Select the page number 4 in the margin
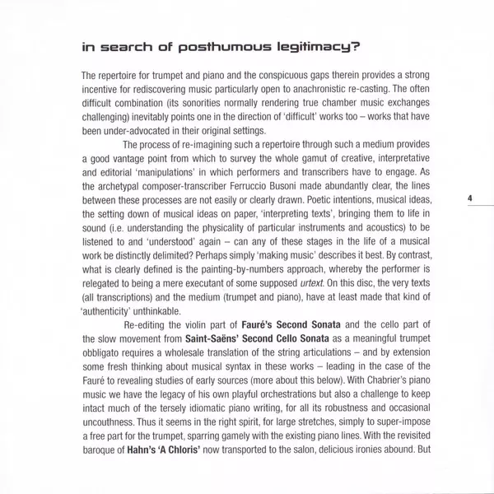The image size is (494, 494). pos(469,198)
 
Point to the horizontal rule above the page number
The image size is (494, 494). pos(469,185)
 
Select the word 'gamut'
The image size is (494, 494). pos(295,168)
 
